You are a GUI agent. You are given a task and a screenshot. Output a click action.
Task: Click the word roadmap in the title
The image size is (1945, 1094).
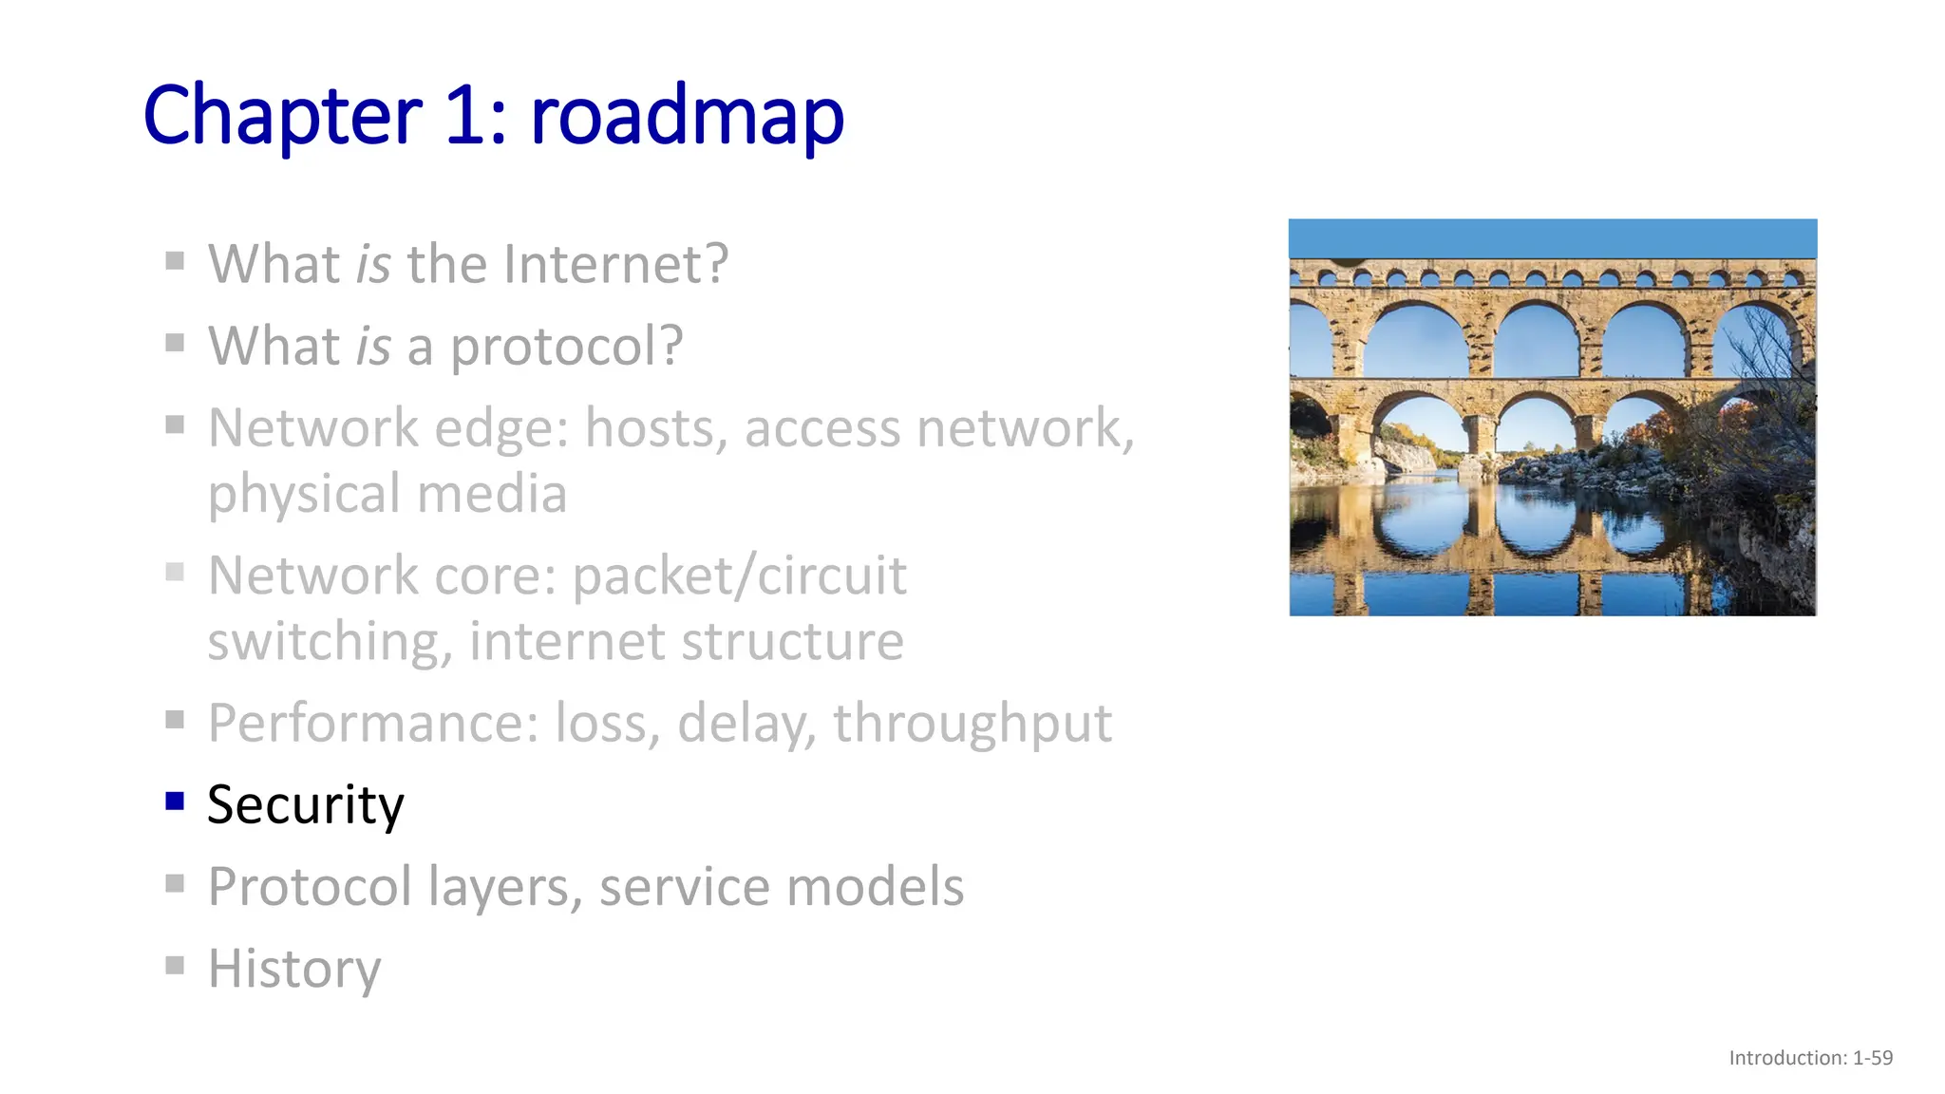687,116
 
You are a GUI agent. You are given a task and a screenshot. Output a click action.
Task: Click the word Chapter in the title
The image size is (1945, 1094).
282,116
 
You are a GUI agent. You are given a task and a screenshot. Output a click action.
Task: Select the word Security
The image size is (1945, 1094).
306,805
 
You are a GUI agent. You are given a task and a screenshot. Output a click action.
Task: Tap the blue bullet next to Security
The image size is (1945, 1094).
175,802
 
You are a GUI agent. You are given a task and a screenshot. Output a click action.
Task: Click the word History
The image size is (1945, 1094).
294,969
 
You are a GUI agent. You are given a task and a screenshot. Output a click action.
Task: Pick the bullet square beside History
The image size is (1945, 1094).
175,966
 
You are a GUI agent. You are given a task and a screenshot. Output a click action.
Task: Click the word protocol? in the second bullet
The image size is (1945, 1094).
566,346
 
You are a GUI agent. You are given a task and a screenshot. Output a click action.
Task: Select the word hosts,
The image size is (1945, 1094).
656,427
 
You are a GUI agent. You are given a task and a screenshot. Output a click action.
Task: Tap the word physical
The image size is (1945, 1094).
304,494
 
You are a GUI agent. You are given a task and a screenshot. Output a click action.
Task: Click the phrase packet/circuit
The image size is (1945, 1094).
740,575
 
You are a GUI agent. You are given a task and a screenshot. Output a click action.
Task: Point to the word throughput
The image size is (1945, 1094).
972,724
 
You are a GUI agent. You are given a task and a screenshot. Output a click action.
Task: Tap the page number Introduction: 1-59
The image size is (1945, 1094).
1810,1058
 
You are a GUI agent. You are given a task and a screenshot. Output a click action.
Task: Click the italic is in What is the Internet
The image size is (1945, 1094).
372,264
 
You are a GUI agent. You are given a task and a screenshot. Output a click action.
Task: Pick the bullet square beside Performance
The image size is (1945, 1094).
175,720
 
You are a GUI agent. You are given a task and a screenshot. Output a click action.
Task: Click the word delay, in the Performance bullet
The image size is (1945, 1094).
746,724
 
